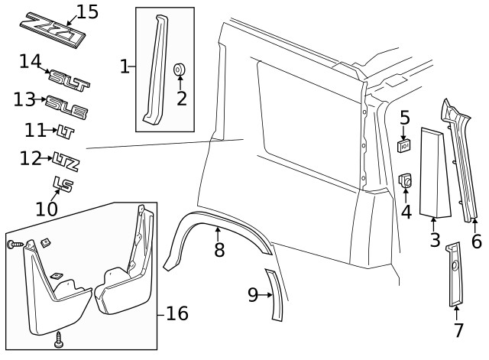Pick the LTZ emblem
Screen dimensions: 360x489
67,161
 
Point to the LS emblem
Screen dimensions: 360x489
62,184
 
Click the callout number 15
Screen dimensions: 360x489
87,11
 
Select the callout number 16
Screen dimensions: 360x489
176,313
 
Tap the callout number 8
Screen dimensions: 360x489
219,249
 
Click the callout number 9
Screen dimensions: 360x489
254,294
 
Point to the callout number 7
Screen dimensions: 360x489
458,330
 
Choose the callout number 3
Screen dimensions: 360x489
434,241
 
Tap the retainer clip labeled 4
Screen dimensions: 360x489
406,182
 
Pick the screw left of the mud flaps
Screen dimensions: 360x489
15,245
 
